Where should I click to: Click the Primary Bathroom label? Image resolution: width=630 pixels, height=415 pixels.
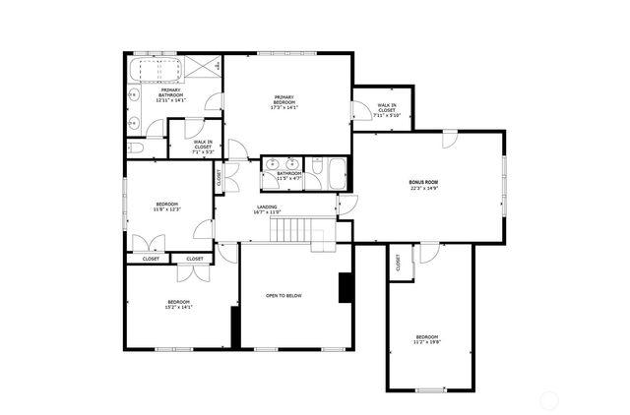pyautogui.click(x=170, y=94)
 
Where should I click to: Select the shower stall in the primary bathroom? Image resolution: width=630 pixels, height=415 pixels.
pyautogui.click(x=205, y=67)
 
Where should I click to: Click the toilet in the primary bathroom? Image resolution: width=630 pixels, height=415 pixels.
pyautogui.click(x=136, y=148)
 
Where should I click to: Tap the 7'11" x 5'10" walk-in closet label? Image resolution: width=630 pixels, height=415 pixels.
pyautogui.click(x=385, y=110)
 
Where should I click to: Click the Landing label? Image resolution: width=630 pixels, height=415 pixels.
pyautogui.click(x=267, y=209)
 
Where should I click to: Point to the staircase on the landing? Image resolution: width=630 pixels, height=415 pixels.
pyautogui.click(x=291, y=231)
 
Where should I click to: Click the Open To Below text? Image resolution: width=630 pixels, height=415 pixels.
pyautogui.click(x=283, y=295)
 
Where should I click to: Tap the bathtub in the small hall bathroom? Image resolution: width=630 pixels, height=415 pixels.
pyautogui.click(x=337, y=174)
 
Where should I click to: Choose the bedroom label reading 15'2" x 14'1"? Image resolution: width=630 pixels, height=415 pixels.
pyautogui.click(x=178, y=304)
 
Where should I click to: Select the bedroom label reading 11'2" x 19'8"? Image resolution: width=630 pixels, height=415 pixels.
pyautogui.click(x=431, y=340)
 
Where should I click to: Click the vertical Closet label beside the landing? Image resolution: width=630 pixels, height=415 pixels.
pyautogui.click(x=219, y=178)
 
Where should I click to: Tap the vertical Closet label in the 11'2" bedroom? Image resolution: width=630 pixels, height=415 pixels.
pyautogui.click(x=399, y=263)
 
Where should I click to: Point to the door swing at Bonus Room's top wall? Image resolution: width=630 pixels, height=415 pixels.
pyautogui.click(x=448, y=139)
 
